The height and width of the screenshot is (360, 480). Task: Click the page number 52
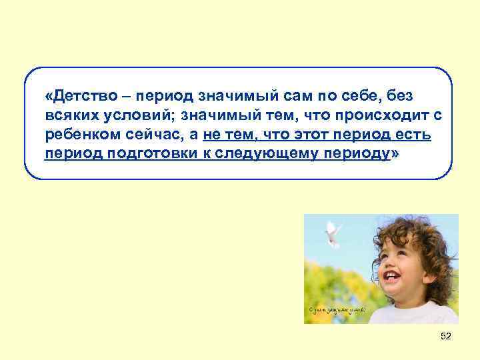tap(446, 337)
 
